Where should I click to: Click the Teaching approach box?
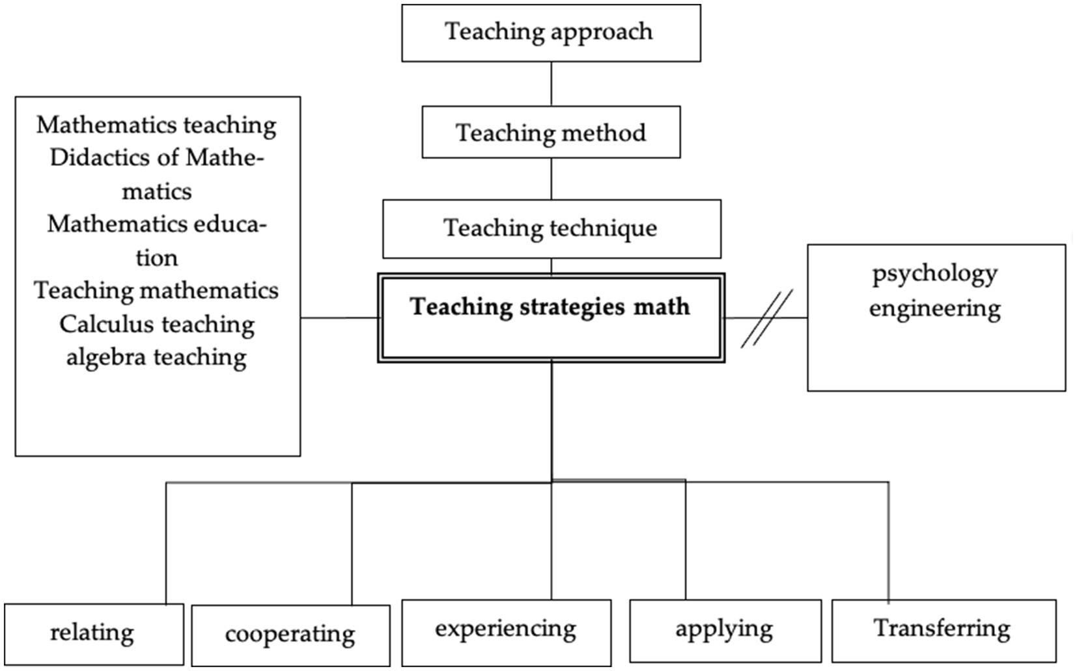(x=551, y=33)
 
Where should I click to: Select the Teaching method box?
(x=551, y=133)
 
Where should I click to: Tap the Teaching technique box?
(x=551, y=228)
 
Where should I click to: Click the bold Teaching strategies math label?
(x=550, y=307)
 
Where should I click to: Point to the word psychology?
(x=934, y=274)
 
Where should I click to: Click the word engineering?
(x=934, y=308)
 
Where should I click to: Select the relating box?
(x=93, y=633)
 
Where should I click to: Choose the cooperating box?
(x=290, y=635)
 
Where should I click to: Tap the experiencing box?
(x=506, y=630)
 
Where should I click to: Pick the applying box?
(x=725, y=629)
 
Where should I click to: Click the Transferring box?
(x=943, y=629)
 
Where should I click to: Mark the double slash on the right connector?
(x=767, y=318)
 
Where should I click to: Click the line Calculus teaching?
(x=157, y=324)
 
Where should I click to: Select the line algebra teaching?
(x=157, y=357)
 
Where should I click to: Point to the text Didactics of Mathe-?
(x=157, y=158)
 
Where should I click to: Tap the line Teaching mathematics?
(x=157, y=291)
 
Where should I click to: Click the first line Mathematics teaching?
(x=157, y=125)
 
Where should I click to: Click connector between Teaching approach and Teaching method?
(x=552, y=84)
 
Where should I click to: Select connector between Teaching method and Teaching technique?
(x=552, y=179)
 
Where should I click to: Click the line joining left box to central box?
(x=339, y=318)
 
